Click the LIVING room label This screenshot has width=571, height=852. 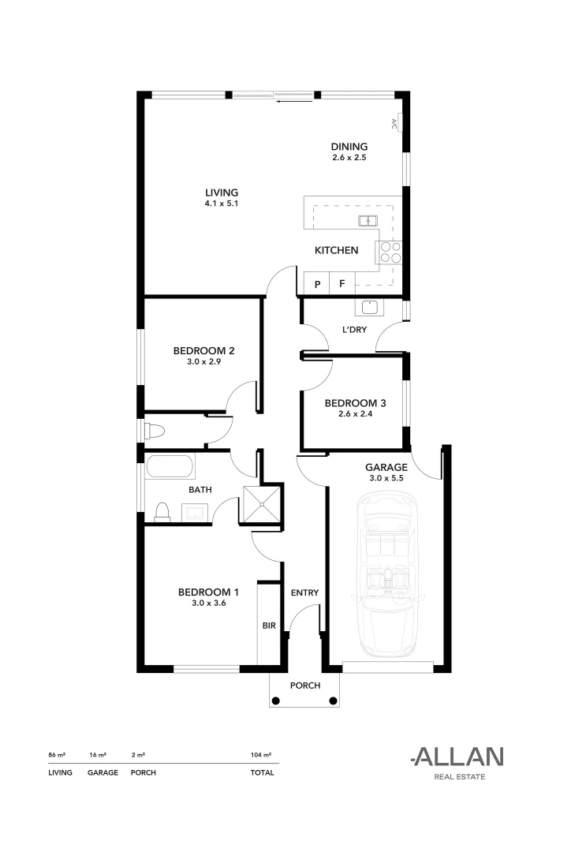(222, 192)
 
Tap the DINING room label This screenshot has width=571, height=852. (349, 147)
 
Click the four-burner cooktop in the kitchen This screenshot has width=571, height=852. (390, 251)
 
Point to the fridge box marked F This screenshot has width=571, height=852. (342, 284)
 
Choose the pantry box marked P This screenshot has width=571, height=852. (317, 284)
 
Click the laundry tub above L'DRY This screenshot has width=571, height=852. (368, 307)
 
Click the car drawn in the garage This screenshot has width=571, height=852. (386, 576)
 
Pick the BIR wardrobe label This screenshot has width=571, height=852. (268, 626)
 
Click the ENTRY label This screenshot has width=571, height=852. (304, 592)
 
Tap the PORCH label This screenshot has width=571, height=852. (304, 686)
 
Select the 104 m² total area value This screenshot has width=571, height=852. (261, 755)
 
